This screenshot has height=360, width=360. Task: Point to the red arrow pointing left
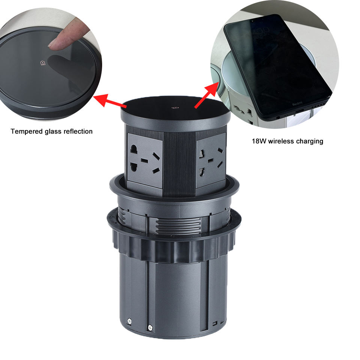tap(110, 101)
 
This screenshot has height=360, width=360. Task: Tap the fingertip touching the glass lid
tap(55, 43)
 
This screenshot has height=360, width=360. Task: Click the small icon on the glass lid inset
tap(43, 63)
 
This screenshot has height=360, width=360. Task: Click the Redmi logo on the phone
tap(297, 104)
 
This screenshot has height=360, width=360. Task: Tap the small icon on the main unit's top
tap(174, 107)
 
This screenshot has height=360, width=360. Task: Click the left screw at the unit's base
tap(129, 321)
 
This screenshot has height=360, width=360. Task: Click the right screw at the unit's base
tap(150, 328)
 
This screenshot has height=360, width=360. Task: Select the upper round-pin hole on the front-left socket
tap(134, 149)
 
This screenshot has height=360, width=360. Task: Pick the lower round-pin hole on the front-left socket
tap(133, 167)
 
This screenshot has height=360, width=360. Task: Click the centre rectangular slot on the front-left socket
tap(144, 160)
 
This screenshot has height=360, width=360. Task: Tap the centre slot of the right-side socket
tap(210, 160)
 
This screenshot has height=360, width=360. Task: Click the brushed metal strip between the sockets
tap(180, 163)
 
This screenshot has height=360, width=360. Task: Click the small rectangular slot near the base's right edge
tap(214, 324)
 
